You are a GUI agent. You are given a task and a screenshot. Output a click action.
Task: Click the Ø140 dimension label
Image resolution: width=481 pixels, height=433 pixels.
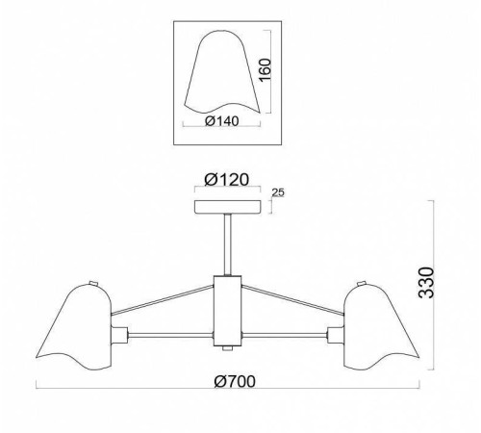tap(222, 121)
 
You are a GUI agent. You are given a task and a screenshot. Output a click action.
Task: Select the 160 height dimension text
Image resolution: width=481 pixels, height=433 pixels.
tap(265, 70)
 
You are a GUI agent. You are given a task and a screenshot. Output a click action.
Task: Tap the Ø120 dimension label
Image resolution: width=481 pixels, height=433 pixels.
tap(227, 180)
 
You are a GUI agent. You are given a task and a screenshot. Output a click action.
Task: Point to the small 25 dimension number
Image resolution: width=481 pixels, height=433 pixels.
tap(278, 192)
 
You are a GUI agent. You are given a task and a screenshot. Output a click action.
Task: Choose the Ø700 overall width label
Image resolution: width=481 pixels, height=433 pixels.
tap(235, 381)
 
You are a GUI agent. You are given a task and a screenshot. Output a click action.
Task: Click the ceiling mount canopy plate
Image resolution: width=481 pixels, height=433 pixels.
tap(227, 207)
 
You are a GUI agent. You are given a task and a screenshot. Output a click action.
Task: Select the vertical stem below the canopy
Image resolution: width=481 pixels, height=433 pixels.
tap(227, 244)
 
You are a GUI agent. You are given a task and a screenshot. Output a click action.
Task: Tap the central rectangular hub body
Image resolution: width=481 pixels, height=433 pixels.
tap(227, 311)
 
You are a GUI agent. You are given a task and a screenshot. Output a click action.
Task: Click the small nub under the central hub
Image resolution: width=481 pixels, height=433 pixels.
tap(227, 348)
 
